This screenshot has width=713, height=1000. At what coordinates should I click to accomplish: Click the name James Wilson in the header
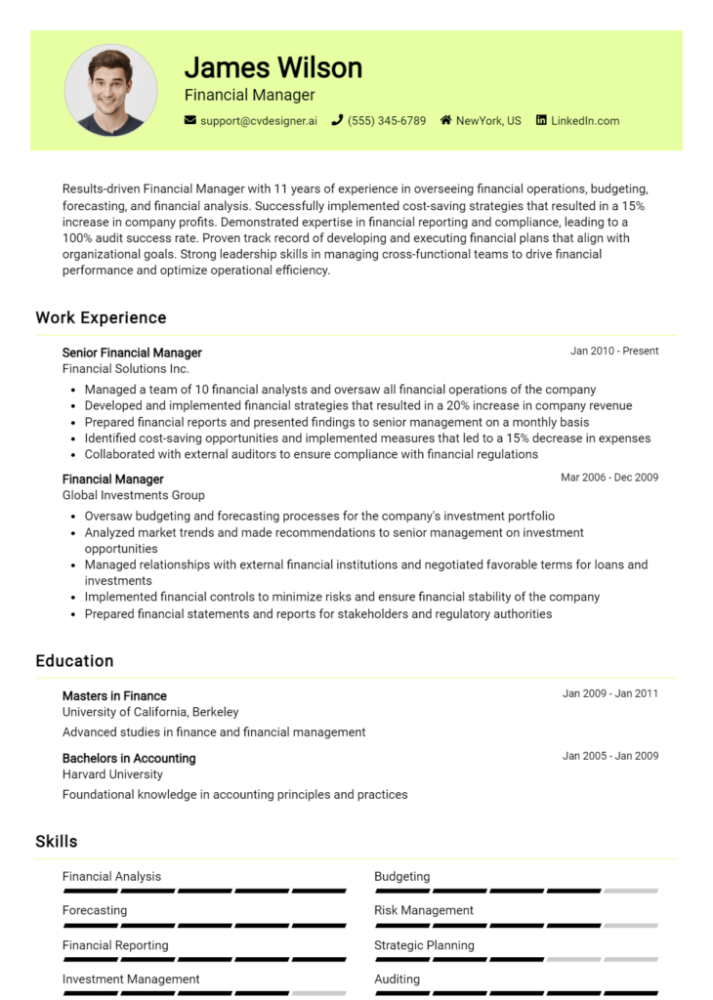coord(273,67)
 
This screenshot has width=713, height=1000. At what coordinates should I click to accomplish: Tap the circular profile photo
coord(110,90)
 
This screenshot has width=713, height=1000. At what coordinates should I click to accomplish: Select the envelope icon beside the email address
coord(190,121)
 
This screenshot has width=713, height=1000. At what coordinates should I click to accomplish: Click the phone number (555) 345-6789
coord(387,121)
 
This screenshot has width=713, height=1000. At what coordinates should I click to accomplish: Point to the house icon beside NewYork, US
coord(445,121)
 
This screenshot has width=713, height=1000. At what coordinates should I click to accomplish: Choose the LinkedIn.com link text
coord(585,121)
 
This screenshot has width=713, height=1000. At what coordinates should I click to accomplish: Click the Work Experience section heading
coord(101,317)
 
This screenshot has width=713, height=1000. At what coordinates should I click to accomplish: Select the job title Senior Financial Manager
coord(132,353)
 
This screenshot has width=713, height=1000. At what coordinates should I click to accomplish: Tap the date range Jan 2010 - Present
coord(614,351)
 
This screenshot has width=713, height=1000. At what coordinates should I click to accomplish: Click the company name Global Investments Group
coord(134,495)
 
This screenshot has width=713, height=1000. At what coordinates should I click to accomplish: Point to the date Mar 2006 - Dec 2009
coord(609,478)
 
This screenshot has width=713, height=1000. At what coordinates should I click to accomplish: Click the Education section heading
coord(74,661)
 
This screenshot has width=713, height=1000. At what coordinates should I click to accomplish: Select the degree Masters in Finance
coord(114,696)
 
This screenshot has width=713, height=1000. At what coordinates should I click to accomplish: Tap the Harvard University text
coord(112,774)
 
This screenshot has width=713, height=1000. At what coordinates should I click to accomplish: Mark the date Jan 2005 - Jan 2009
coord(610,756)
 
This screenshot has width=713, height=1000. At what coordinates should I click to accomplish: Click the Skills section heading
coord(57,841)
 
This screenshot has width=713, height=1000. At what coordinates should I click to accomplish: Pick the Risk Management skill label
coord(424,910)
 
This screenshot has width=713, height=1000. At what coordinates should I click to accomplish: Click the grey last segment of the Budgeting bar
coord(630,891)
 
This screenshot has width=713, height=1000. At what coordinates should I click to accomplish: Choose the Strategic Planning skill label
coord(424,945)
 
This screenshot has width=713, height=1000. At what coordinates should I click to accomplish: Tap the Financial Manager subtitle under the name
coord(249,95)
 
